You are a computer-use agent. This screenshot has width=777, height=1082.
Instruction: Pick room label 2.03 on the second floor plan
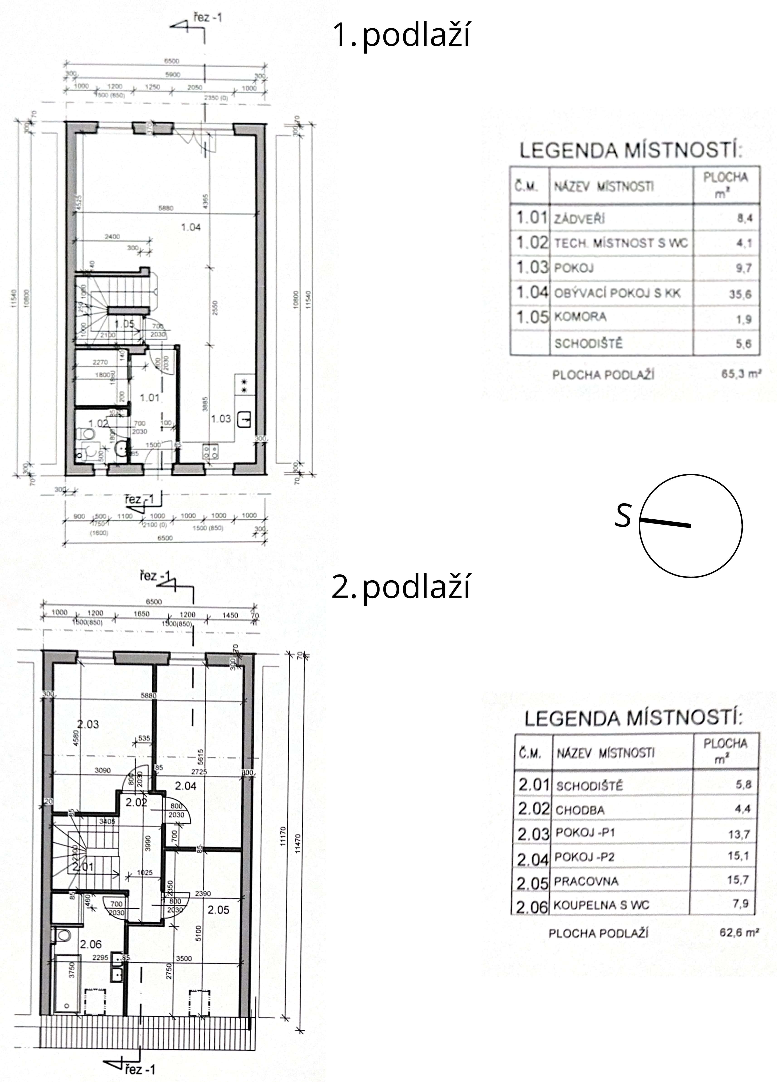click(x=88, y=724)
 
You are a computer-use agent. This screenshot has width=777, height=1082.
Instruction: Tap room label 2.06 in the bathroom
click(x=91, y=944)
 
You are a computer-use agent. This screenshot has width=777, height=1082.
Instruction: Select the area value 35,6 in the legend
click(x=740, y=294)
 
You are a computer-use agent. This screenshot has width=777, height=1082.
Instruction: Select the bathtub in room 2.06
click(x=66, y=984)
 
